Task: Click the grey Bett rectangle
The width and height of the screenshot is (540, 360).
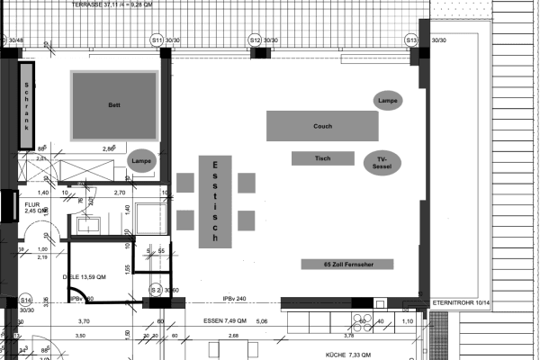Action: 115,105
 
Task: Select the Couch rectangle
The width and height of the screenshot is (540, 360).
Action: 322,125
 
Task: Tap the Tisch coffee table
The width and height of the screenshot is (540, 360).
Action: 323,158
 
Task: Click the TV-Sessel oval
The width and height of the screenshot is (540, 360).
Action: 381,163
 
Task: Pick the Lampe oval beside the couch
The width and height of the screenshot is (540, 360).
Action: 389,100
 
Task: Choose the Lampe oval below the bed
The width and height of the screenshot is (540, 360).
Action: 140,160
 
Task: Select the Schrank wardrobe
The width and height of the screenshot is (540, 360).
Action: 27,104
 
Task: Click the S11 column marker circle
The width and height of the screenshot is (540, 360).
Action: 156,40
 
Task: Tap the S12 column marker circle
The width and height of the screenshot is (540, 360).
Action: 255,40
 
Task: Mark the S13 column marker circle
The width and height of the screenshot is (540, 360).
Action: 410,40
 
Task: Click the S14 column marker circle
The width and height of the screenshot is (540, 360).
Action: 25,299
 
